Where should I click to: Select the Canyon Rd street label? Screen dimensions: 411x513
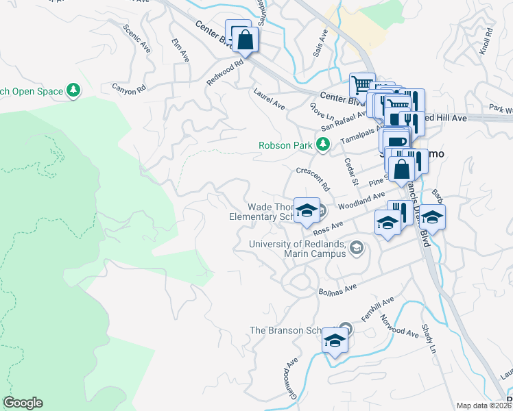(x=130, y=88)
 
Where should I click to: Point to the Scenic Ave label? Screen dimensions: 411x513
(x=136, y=40)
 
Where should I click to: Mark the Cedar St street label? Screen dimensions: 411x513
(x=351, y=172)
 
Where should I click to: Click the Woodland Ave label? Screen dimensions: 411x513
(x=361, y=201)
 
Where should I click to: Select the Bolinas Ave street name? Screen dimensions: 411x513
(x=338, y=290)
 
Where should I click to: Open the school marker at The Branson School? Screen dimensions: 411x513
(x=334, y=340)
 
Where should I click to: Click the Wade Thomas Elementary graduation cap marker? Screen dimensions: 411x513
(x=307, y=209)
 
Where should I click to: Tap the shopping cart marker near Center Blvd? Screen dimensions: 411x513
(x=362, y=86)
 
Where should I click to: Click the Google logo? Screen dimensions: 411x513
(x=23, y=403)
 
